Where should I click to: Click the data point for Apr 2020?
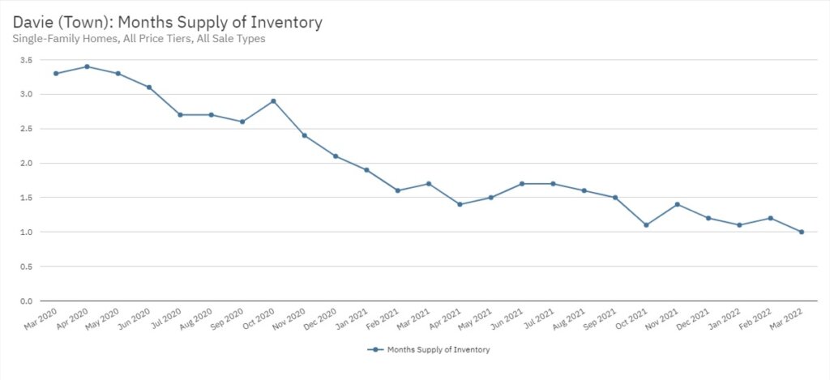[87, 66]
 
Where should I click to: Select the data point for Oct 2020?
[273, 101]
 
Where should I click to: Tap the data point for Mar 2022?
[802, 232]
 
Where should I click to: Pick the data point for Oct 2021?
[646, 224]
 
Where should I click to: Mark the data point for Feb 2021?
[397, 190]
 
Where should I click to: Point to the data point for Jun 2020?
[149, 88]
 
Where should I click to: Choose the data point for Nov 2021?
[677, 204]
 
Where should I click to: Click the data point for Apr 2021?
[460, 204]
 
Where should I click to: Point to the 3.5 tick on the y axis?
[27, 60]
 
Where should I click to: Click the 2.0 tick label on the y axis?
[27, 163]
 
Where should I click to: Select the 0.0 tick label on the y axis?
[27, 301]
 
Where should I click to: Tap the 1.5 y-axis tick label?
[27, 198]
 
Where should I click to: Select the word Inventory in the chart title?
[283, 22]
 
